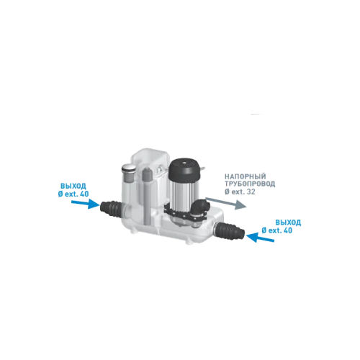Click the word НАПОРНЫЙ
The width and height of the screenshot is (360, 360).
click(245, 176)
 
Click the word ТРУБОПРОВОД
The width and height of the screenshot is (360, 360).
click(250, 184)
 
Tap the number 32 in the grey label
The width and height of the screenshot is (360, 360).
click(251, 192)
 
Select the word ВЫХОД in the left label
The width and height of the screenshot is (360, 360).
click(73, 186)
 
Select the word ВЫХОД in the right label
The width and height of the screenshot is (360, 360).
click(288, 222)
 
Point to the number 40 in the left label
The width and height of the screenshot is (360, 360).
click(84, 194)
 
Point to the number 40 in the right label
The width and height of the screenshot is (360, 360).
click(287, 230)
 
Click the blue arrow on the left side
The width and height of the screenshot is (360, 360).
click(86, 204)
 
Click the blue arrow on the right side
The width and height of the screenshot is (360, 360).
click(260, 237)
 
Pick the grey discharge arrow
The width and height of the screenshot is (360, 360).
click(226, 203)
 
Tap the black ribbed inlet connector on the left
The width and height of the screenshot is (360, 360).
click(111, 208)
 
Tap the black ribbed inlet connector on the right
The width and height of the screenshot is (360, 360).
click(230, 230)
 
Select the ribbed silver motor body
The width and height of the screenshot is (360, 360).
click(184, 191)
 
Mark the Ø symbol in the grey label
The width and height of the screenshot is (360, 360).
click(227, 192)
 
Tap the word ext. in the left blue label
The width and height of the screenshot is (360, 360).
click(71, 194)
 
